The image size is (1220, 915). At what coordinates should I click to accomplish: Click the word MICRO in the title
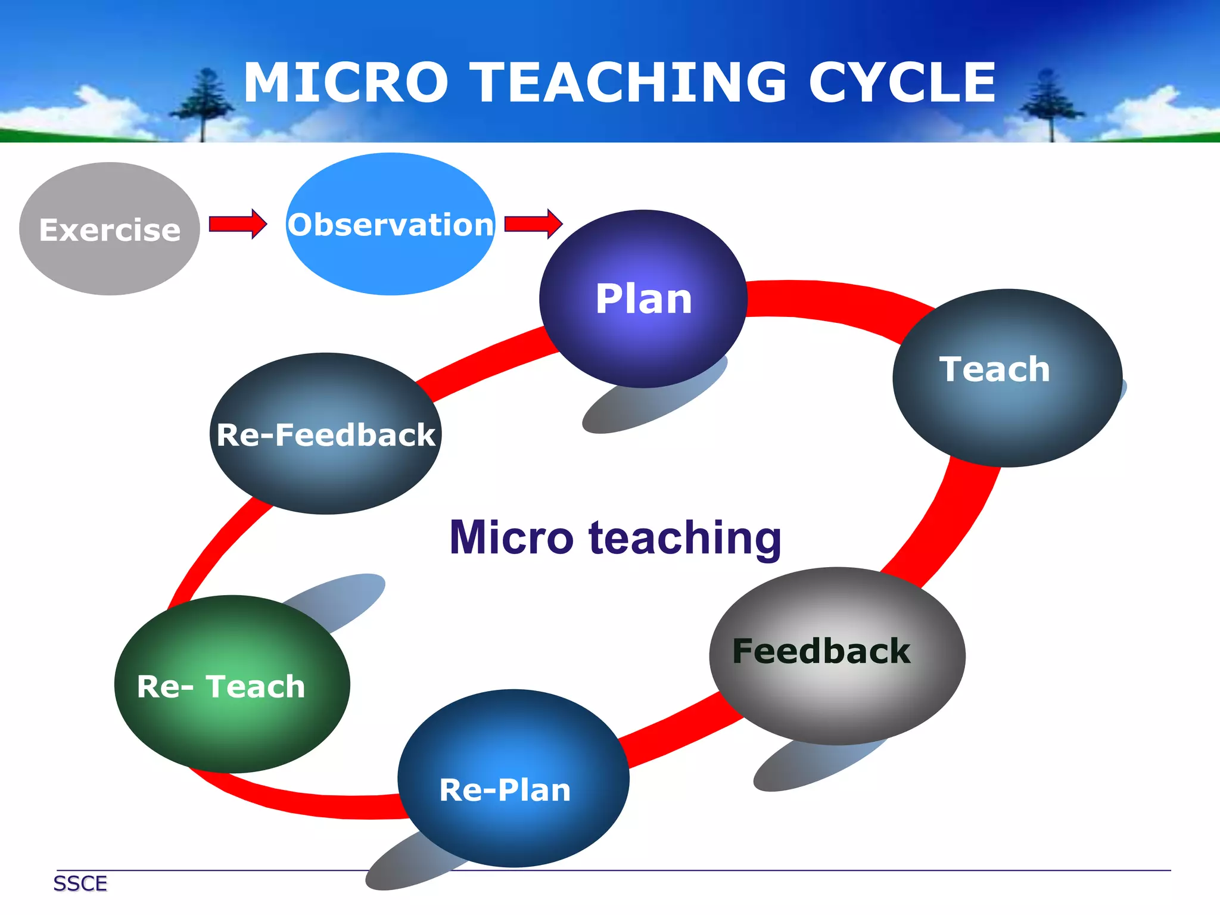(346, 83)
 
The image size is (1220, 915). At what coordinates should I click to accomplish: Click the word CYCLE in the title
(902, 83)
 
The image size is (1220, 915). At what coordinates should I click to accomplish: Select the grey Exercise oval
(110, 229)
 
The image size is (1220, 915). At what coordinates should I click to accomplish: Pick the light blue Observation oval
(391, 224)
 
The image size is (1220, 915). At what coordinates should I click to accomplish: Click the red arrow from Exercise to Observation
(237, 224)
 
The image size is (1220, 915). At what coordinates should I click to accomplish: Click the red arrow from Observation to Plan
(533, 224)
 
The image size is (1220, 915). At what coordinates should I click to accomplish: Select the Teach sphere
(1007, 378)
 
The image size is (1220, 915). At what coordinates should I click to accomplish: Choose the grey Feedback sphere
(837, 655)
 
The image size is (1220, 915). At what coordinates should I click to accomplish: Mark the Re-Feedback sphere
(325, 434)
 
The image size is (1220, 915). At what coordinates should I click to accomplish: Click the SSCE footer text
(80, 883)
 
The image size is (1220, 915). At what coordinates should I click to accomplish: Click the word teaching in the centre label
(685, 537)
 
